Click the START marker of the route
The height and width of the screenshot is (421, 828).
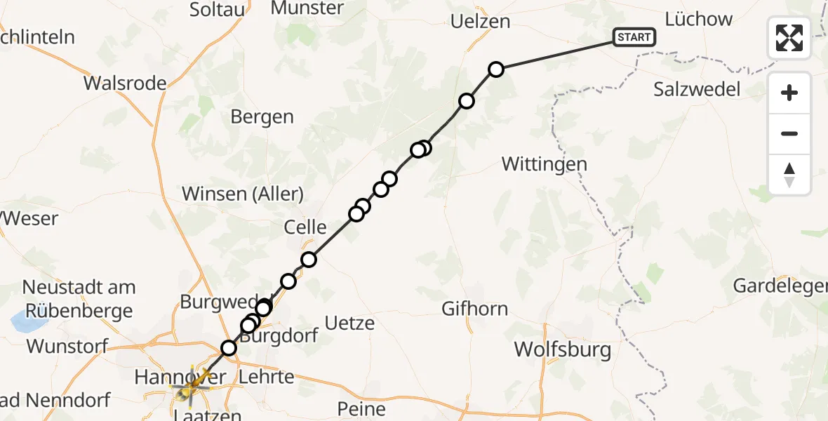pyautogui.click(x=634, y=37)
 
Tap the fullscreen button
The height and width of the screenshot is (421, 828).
pyautogui.click(x=789, y=38)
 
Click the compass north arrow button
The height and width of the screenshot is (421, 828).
pyautogui.click(x=789, y=175)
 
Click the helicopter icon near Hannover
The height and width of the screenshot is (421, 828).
pyautogui.click(x=193, y=385)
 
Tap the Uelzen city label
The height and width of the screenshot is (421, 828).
pyautogui.click(x=480, y=22)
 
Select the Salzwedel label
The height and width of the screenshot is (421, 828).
pyautogui.click(x=697, y=89)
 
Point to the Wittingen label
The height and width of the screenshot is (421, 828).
pyautogui.click(x=545, y=164)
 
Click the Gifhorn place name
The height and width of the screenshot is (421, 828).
pyautogui.click(x=474, y=308)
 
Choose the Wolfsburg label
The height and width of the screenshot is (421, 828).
pyautogui.click(x=562, y=349)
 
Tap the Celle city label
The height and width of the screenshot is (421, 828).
pyautogui.click(x=305, y=227)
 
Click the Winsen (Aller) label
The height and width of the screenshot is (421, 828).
pyautogui.click(x=243, y=194)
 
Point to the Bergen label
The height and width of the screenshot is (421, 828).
pyautogui.click(x=262, y=116)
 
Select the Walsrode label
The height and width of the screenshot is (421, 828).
pyautogui.click(x=125, y=83)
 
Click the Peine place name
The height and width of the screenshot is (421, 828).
pyautogui.click(x=361, y=408)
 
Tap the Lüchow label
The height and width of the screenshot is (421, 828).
pyautogui.click(x=698, y=19)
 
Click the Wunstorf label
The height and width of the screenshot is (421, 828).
pyautogui.click(x=67, y=346)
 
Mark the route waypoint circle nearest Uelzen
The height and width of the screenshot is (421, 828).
pyautogui.click(x=496, y=69)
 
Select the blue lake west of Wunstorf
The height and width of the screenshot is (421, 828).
pyautogui.click(x=27, y=323)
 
